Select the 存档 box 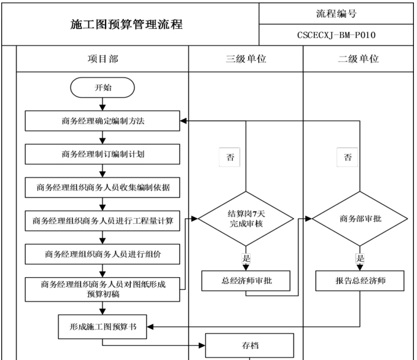(x=250, y=346)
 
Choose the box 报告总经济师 (x=360, y=281)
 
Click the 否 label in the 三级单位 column (x=230, y=157)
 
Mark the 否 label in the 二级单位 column (x=348, y=157)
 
